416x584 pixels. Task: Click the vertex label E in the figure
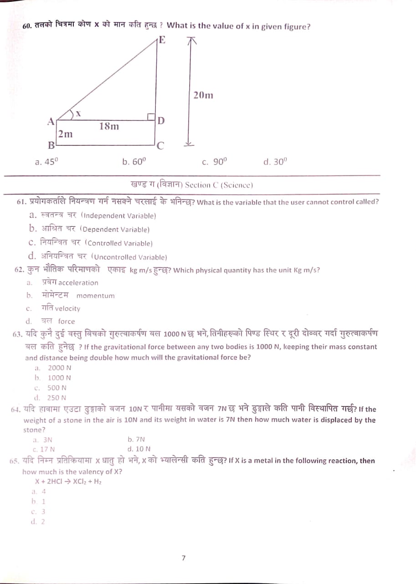pos(162,40)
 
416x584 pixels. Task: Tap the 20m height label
pos(203,95)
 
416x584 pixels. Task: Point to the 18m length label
pos(109,126)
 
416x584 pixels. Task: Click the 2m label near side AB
pos(65,134)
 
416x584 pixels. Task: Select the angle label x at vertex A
pos(78,114)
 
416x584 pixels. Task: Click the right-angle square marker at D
pos(152,117)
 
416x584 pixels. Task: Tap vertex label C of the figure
pos(160,146)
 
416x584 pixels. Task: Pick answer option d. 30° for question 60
pos(275,162)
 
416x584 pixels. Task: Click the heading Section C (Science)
pos(192,185)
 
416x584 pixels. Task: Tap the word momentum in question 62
pos(96,296)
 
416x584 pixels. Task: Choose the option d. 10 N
pos(139,449)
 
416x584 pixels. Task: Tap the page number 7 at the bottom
pos(183,558)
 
